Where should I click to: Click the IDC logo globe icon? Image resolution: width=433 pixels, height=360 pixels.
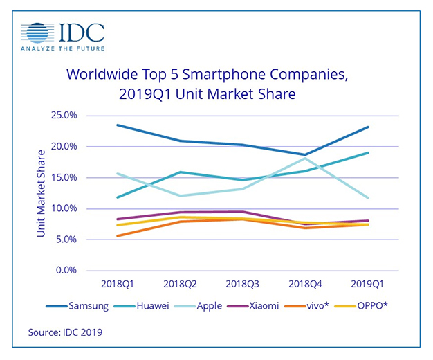[36, 33]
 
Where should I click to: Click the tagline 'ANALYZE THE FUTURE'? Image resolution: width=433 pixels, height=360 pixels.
[62, 49]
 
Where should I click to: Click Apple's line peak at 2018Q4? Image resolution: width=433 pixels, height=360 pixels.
[304, 159]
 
